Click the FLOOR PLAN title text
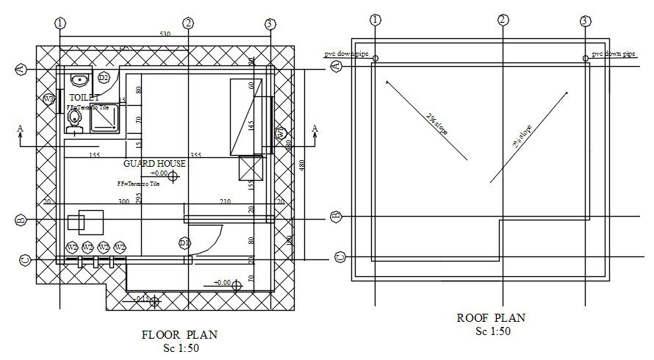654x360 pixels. (x=179, y=334)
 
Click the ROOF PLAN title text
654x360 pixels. (x=492, y=318)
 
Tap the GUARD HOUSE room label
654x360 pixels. (x=154, y=163)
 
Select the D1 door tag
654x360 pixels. (x=184, y=243)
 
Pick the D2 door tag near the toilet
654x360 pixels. (x=104, y=77)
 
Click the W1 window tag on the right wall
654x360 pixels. (x=280, y=134)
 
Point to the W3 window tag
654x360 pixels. (x=48, y=98)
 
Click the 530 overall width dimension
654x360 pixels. (x=165, y=35)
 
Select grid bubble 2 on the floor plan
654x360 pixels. (x=188, y=24)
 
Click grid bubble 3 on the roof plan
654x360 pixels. (x=585, y=21)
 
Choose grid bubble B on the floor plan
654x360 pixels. (x=21, y=220)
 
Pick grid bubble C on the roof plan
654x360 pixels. (x=339, y=256)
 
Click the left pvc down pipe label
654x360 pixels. (x=347, y=54)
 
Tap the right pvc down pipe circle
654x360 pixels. (x=586, y=58)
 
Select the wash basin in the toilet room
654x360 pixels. (x=79, y=78)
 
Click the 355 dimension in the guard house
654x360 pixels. (x=195, y=155)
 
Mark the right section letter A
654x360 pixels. (x=315, y=129)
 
